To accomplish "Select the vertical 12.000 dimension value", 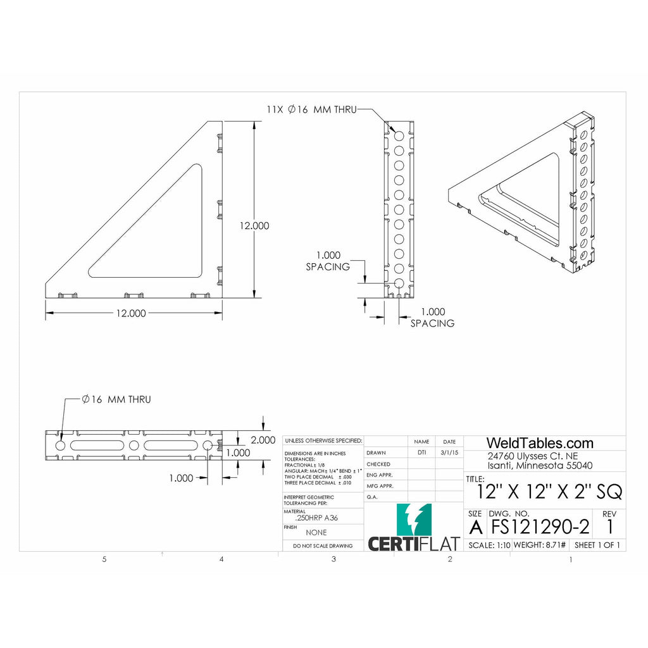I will pos(254,225).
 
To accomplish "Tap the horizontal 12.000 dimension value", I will pos(130,313).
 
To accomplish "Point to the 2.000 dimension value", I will pos(263,440).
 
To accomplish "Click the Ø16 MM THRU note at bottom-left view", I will pos(116,399).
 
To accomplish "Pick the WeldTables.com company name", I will pos(539,443).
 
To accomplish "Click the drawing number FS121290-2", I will pos(540,526).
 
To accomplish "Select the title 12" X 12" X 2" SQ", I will pos(549,491).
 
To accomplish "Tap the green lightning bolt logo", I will pos(414,520).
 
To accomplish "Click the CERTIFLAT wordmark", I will pos(414,544).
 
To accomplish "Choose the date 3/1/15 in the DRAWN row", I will pos(449,452).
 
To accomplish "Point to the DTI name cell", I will pos(421,452).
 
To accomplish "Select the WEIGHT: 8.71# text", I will pos(539,545).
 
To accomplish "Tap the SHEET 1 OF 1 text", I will pos(597,545).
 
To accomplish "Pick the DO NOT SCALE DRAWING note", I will pos(322,545).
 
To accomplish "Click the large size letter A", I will pos(475,526).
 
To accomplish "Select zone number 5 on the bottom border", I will pos(104,559).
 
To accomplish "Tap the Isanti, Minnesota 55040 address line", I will pos(540,466).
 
